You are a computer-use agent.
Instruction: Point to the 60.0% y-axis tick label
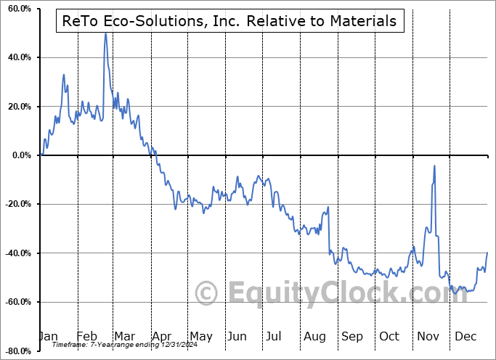(x=17, y=9)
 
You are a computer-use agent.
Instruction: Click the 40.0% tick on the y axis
(x=17, y=57)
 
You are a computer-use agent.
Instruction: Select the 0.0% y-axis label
(x=20, y=155)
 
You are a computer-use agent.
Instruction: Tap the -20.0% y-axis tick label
(x=16, y=204)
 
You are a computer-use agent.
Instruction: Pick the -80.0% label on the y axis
(x=16, y=351)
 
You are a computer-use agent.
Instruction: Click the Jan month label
(x=48, y=336)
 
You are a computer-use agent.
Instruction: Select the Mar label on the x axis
(x=124, y=336)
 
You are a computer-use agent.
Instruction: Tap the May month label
(x=200, y=336)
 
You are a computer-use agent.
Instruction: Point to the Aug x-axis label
(x=315, y=336)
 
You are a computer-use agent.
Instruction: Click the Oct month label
(x=389, y=336)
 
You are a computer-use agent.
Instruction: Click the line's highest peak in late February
(x=105, y=33)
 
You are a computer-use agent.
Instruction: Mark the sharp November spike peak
(x=434, y=165)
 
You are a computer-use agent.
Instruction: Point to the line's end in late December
(x=487, y=252)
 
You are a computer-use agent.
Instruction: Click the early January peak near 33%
(x=64, y=74)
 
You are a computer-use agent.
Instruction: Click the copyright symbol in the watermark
(x=207, y=293)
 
